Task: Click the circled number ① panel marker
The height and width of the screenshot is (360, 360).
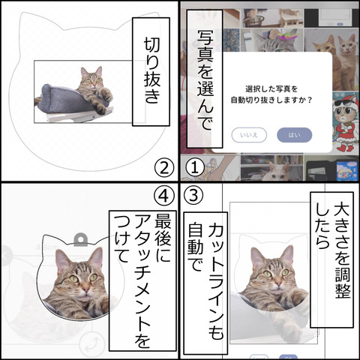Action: (193, 164)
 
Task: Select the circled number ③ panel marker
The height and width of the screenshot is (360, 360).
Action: (193, 196)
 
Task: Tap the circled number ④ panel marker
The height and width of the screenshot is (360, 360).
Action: (165, 195)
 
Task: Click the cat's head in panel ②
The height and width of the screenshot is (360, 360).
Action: (92, 77)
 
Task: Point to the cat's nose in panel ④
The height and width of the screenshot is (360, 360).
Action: (82, 286)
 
